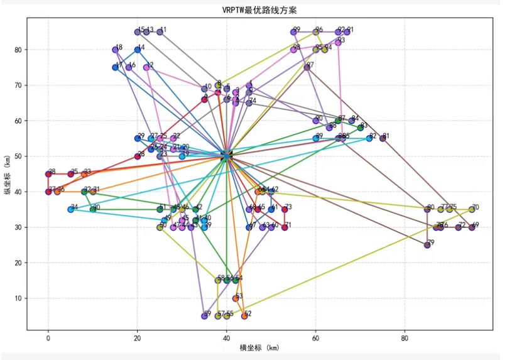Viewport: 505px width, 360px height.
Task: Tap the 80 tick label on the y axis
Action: click(19, 50)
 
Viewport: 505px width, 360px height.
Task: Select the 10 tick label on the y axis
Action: click(19, 298)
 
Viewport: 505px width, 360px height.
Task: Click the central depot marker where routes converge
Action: click(226, 156)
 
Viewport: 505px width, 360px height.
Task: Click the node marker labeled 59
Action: click(204, 316)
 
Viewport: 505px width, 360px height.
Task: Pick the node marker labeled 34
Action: click(70, 209)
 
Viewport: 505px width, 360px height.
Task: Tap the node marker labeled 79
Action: click(427, 245)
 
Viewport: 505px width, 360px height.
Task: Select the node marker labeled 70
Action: click(472, 209)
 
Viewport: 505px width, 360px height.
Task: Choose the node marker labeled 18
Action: click(115, 50)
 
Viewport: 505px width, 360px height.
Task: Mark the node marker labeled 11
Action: click(160, 32)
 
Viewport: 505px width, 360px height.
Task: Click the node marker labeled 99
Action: click(293, 32)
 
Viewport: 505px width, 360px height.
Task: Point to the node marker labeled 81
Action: click(383, 138)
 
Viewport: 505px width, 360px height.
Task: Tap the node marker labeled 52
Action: click(244, 316)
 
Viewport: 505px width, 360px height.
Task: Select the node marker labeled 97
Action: click(307, 67)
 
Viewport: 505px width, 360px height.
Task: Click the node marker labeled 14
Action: click(138, 50)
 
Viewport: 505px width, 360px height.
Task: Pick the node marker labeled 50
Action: click(160, 227)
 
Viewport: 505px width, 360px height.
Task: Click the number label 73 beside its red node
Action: click(288, 207)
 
